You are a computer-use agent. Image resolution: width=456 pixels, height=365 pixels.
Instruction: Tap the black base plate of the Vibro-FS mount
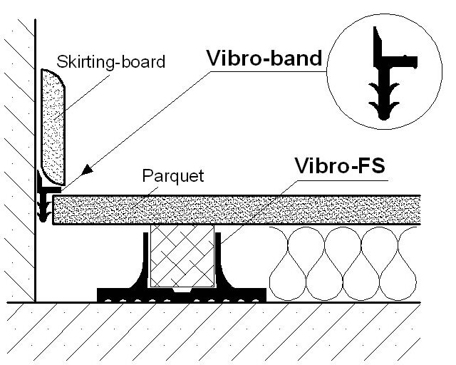pos(182,294)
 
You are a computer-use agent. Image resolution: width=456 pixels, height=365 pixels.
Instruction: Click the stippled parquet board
pos(235,209)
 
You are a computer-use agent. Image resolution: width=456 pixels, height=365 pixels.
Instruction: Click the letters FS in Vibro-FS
pos(371,168)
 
